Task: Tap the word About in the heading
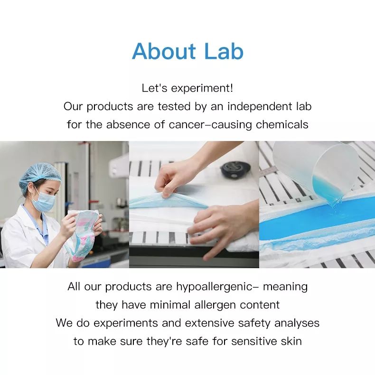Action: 164,51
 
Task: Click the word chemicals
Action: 282,124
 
